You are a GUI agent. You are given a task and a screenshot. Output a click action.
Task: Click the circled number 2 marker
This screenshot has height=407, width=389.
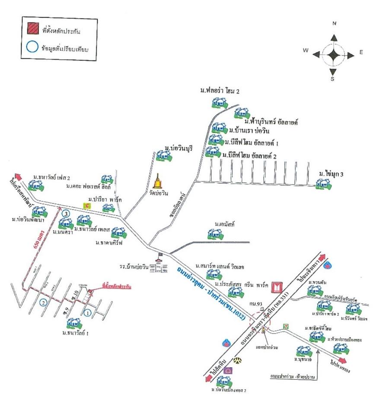click(43, 302)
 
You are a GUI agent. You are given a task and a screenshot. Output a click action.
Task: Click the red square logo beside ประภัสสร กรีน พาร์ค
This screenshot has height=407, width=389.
click(276, 286)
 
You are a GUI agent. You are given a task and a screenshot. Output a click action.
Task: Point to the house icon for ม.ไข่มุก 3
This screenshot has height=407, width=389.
click(322, 184)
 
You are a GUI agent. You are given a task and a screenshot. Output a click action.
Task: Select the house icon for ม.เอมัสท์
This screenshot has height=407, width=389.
click(215, 234)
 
